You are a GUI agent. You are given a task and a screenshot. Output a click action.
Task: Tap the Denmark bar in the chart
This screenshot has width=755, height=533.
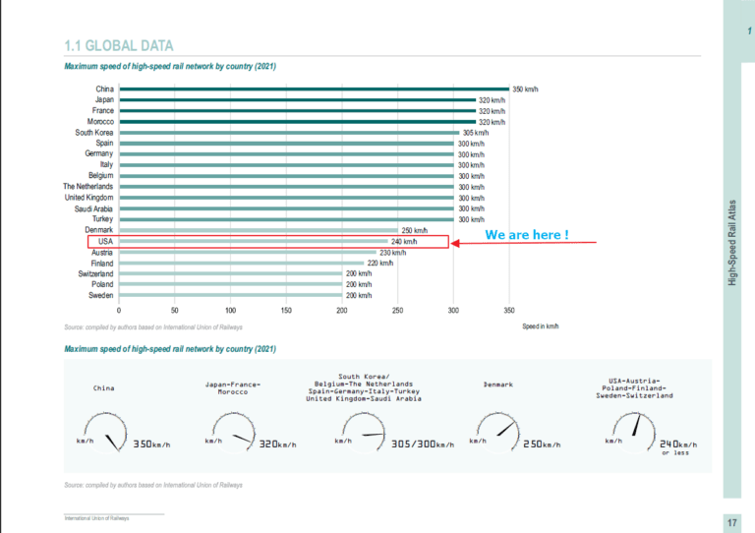point(259,230)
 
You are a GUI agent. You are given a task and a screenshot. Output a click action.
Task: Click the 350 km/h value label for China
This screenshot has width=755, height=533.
point(525,89)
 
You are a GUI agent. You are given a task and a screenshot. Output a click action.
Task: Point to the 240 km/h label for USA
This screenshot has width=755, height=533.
point(404,241)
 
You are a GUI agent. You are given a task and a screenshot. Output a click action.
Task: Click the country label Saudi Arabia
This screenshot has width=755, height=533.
point(93,208)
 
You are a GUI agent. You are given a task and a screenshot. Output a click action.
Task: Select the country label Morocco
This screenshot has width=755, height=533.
point(99,122)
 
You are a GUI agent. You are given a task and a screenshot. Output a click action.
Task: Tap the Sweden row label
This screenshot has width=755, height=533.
point(101,295)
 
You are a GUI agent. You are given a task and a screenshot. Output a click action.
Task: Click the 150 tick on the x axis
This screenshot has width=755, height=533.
point(286,310)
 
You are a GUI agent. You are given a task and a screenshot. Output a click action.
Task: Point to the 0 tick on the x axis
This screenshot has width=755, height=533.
point(119,310)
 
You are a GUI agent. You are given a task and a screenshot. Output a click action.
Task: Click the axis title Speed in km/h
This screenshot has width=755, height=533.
point(540,326)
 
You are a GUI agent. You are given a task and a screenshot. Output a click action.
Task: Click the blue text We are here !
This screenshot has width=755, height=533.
point(527,236)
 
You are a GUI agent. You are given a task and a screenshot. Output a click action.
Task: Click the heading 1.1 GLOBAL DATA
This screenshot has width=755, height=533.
point(118,45)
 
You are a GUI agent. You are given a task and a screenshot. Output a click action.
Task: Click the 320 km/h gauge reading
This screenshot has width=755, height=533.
point(277,444)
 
